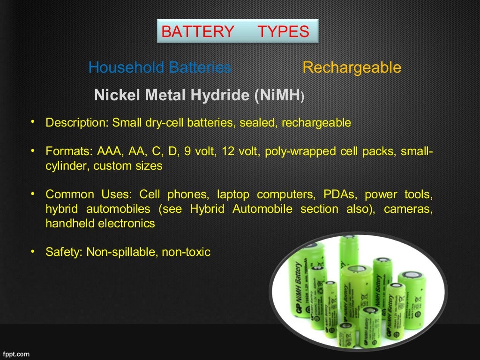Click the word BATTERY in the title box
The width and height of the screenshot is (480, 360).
[x=197, y=31]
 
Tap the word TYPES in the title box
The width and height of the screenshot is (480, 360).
[x=283, y=31]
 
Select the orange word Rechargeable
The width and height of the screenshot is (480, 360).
[x=352, y=67]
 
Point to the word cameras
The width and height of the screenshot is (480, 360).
[x=407, y=209]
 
